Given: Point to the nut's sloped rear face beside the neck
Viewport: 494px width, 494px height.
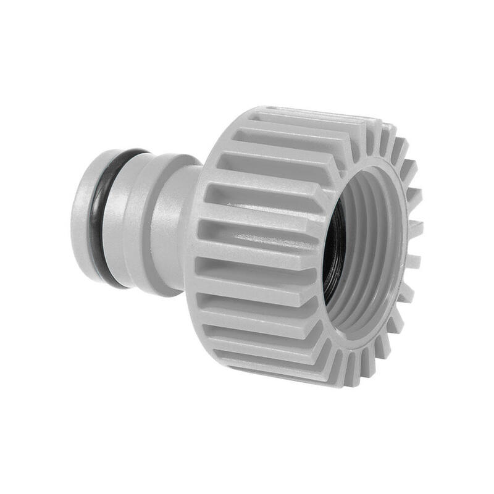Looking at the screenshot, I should coord(207,185).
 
